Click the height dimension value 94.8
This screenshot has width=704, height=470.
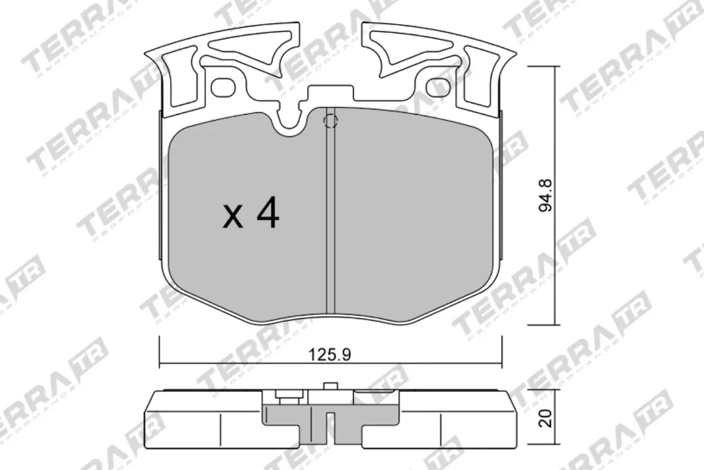(x=549, y=196)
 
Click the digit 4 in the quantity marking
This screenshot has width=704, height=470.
(x=267, y=215)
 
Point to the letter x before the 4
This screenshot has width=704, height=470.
(x=233, y=217)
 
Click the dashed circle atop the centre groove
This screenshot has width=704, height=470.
(x=330, y=121)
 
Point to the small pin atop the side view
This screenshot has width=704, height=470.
(x=330, y=386)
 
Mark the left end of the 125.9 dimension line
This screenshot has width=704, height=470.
(x=160, y=362)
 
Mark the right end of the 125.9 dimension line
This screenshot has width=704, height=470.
(x=502, y=362)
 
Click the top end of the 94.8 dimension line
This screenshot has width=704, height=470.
(x=554, y=66)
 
